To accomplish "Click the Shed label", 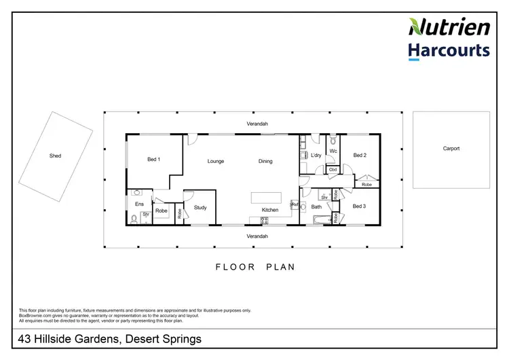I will point(55,156).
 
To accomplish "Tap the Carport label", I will point(451,148).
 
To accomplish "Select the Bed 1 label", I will point(154,160).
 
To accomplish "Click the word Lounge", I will point(216,161).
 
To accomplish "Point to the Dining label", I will point(265,161).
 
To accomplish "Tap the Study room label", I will point(200,207).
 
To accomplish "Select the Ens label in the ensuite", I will point(139,204).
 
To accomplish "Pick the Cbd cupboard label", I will point(333,170).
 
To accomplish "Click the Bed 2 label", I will point(360,155).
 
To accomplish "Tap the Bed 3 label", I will point(360,206).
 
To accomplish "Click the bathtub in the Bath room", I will point(319,220).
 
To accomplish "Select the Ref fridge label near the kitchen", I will point(295,204).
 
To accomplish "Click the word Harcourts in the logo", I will point(449,50).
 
